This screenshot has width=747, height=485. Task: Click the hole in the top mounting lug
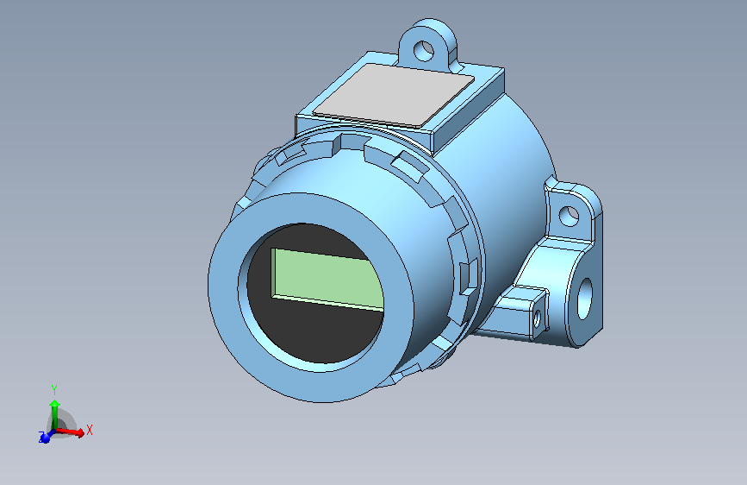point(426,49)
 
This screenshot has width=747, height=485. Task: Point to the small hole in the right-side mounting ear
point(570,215)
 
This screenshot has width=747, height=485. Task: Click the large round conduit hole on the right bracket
point(585,296)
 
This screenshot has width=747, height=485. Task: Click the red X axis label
point(90,429)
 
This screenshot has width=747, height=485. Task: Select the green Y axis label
point(53,389)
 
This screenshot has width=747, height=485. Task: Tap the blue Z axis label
point(40,436)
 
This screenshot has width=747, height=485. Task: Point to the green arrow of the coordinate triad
point(54,409)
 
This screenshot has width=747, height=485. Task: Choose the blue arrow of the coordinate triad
point(45,437)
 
